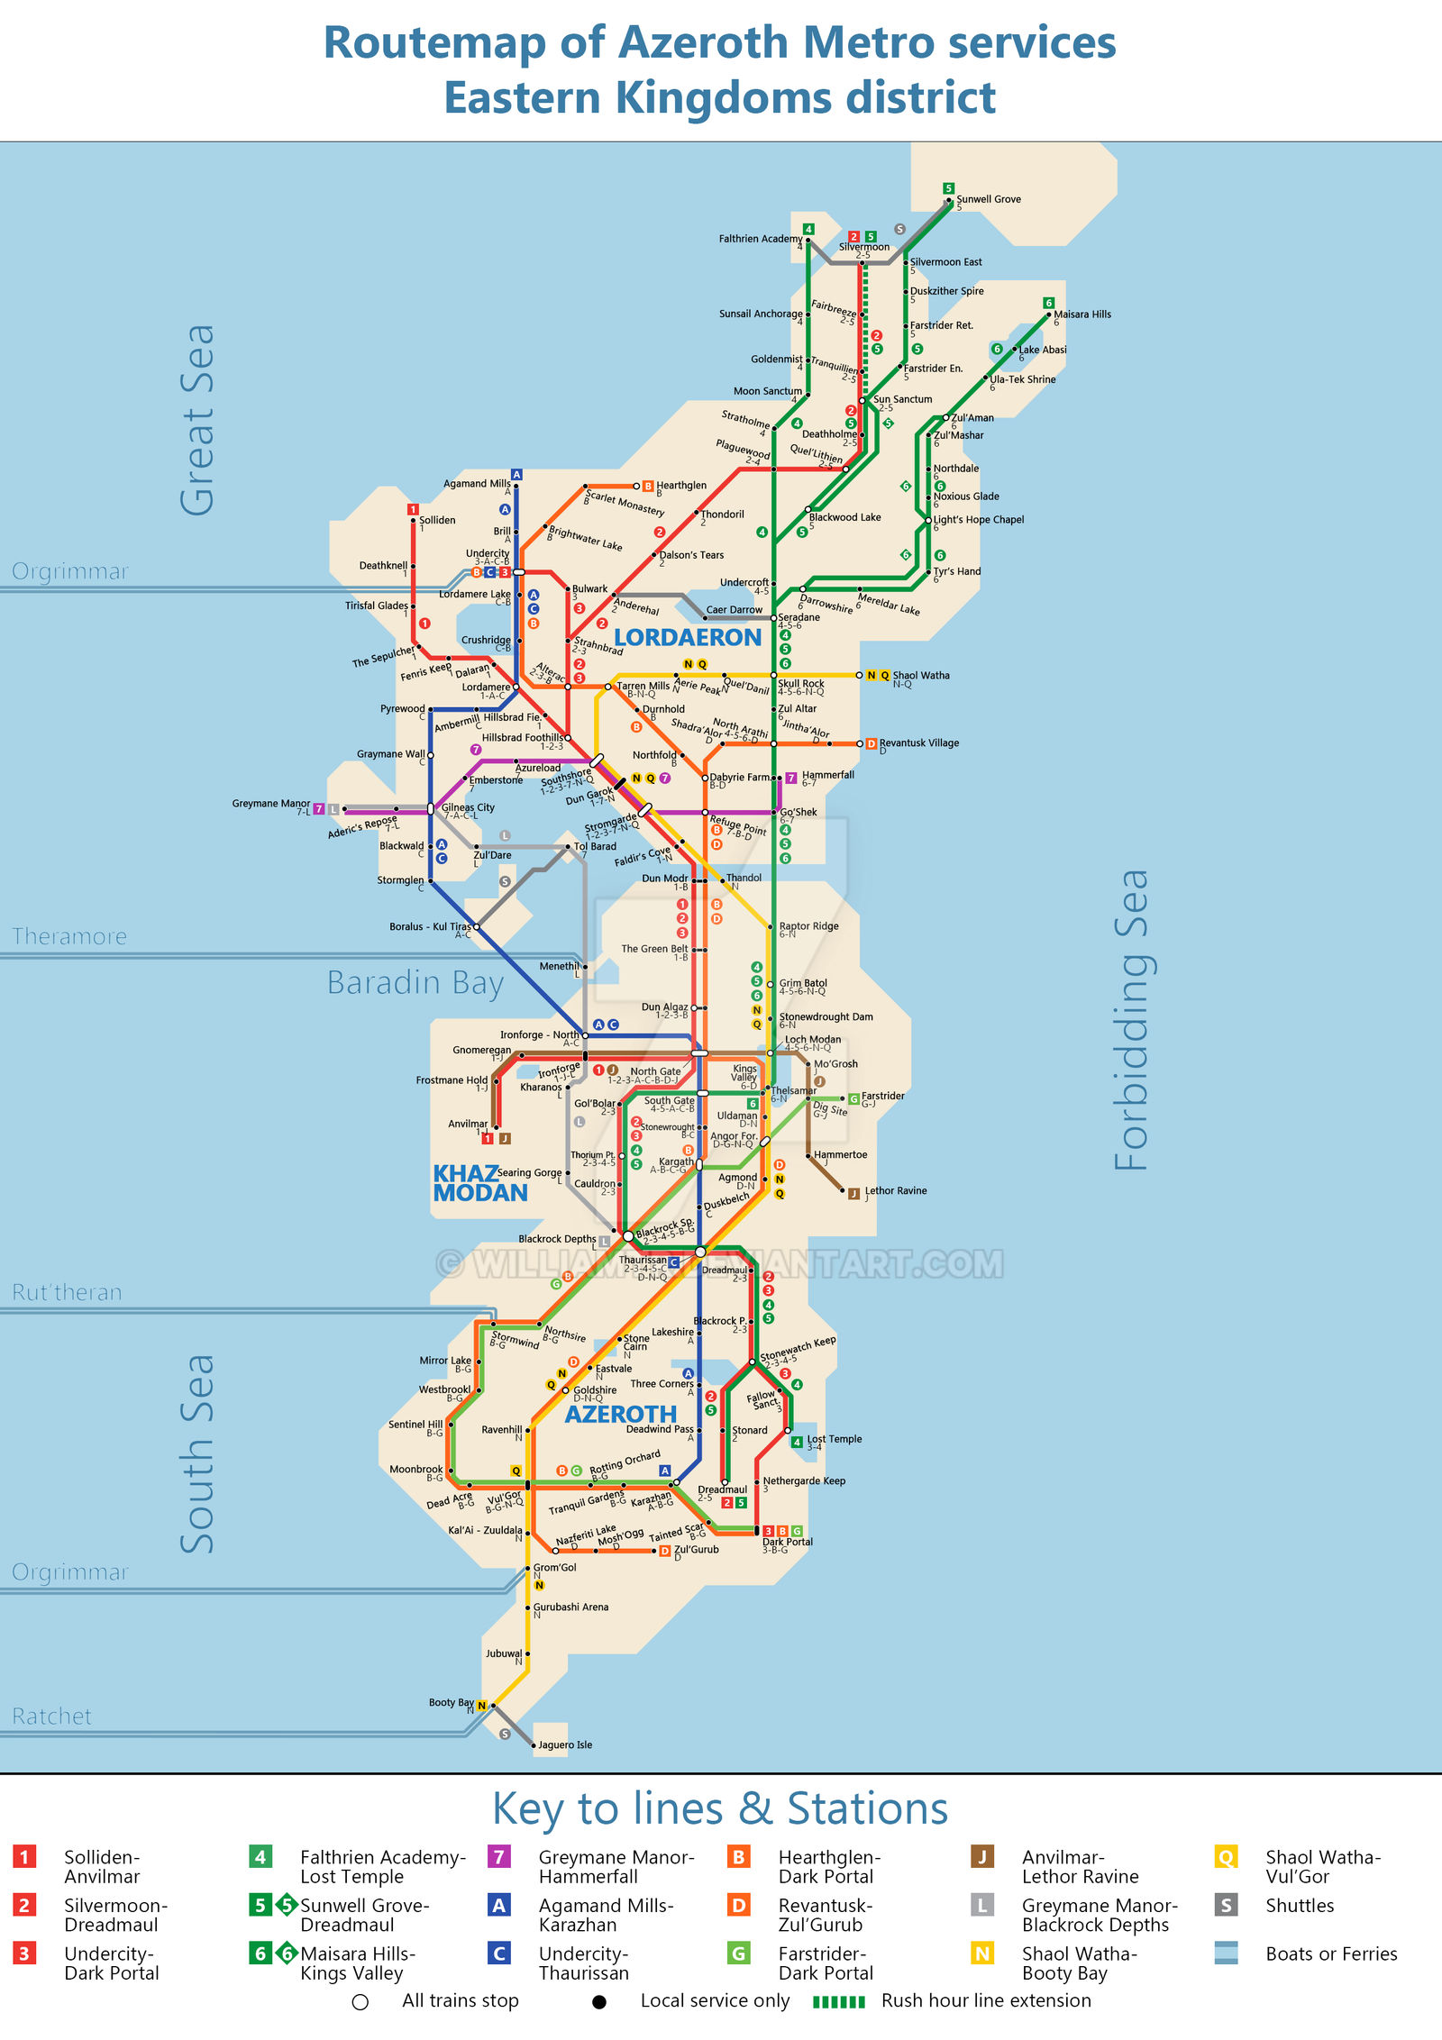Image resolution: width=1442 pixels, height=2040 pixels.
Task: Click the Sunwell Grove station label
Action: coord(988,199)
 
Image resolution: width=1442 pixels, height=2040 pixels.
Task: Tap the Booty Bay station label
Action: coord(451,1702)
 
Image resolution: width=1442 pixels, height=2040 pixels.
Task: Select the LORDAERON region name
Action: coord(688,638)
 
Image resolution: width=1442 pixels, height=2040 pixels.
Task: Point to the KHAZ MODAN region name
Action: coord(479,1183)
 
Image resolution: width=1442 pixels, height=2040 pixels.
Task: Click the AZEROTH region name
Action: coord(620,1414)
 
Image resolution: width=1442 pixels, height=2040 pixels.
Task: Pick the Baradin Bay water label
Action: coord(415,982)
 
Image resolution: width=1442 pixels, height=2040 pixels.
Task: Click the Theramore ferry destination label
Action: coord(69,936)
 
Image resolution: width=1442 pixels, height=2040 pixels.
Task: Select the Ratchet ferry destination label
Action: coord(51,1716)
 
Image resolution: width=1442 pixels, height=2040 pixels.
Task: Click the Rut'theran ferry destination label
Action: coord(67,1292)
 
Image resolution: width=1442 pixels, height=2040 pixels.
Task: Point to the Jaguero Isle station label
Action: coord(565,1744)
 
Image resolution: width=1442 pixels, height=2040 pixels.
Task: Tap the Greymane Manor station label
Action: coord(270,803)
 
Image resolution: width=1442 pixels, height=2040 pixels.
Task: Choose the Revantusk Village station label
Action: coord(918,743)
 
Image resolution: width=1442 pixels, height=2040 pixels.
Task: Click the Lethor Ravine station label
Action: coord(895,1190)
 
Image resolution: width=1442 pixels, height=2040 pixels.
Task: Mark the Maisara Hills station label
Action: coord(1081,314)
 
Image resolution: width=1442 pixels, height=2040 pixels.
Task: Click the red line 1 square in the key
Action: coord(24,1856)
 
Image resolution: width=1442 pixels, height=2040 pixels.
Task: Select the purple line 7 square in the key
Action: coord(498,1856)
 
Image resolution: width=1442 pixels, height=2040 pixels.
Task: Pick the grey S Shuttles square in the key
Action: coord(1225,1905)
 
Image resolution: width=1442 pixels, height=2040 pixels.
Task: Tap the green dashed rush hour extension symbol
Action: coord(838,2001)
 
